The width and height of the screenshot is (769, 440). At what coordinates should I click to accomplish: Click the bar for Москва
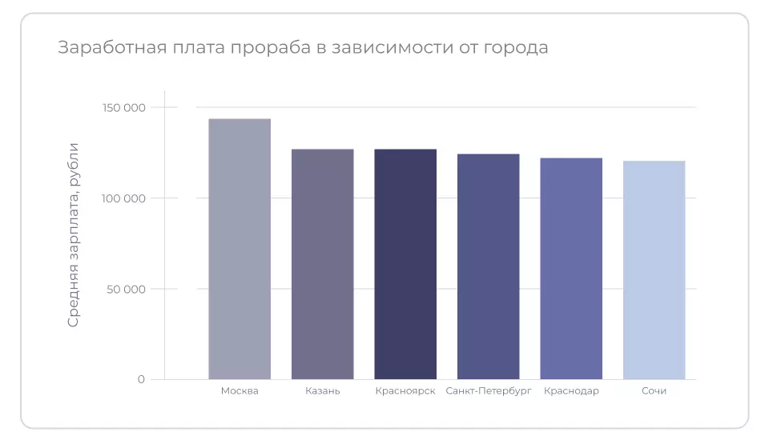[x=240, y=249]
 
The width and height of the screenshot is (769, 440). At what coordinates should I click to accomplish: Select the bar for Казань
[x=322, y=264]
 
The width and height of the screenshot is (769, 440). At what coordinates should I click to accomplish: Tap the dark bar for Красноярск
[x=405, y=264]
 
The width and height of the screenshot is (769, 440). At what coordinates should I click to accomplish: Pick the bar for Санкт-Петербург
[x=488, y=266]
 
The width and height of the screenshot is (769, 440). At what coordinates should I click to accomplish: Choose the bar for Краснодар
[x=571, y=269]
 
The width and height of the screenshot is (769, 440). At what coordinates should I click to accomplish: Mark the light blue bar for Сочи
[x=654, y=270]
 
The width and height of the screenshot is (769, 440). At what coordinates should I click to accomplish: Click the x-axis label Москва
[x=240, y=391]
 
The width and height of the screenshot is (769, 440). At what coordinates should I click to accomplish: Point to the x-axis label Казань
[x=322, y=391]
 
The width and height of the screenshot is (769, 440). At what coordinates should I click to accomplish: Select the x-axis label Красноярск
[x=405, y=391]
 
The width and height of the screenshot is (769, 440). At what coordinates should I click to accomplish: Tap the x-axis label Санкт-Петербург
[x=488, y=391]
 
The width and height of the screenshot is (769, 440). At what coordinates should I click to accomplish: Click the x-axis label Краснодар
[x=571, y=391]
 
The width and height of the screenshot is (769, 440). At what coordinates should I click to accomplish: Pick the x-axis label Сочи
[x=654, y=391]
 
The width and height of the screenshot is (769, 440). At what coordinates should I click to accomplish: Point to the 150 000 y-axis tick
[x=124, y=107]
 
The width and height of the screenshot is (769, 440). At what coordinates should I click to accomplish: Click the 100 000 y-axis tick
[x=124, y=198]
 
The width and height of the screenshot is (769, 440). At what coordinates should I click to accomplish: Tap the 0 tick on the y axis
[x=141, y=379]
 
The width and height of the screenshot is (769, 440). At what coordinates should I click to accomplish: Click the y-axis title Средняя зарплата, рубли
[x=73, y=234]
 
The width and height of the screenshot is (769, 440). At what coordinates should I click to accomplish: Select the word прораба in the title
[x=268, y=48]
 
